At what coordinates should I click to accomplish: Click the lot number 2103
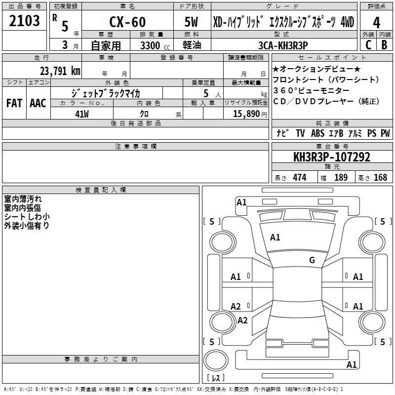pos(24,21)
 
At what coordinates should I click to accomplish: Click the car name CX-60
pos(127,22)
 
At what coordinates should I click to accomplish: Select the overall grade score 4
pos(376,23)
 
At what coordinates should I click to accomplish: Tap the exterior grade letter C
pos(368,45)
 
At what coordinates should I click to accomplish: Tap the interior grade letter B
pos(384,45)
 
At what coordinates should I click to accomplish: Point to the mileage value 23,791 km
pos(60,71)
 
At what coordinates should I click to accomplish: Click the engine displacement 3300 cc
pos(155,45)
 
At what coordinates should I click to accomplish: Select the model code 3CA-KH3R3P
pos(283,45)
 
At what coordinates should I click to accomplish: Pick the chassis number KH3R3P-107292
pos(332,157)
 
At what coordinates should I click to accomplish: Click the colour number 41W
pos(82,114)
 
